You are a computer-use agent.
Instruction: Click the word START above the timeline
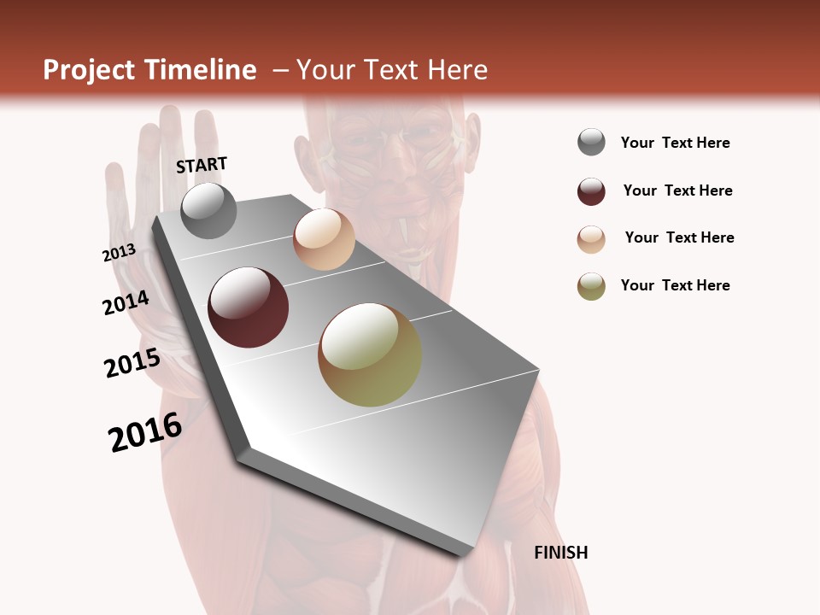click(x=202, y=165)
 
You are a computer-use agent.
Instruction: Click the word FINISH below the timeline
click(x=561, y=553)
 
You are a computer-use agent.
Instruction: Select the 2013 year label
click(x=119, y=253)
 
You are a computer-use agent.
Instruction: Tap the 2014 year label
click(x=126, y=302)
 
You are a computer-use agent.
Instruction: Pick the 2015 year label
click(x=132, y=363)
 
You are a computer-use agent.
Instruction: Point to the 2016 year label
click(x=145, y=432)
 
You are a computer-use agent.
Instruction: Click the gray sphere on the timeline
click(x=208, y=210)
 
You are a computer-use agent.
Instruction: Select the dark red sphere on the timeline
click(x=248, y=307)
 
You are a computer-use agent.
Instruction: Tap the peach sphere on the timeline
click(x=324, y=239)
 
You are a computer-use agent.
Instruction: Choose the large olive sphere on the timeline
click(x=370, y=354)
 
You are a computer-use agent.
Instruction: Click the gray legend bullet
click(x=591, y=143)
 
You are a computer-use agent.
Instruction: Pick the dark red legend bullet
click(x=591, y=191)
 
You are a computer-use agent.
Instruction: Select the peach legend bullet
click(x=591, y=239)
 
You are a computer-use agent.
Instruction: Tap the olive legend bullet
click(x=591, y=286)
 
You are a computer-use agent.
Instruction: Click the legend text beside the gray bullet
click(x=675, y=143)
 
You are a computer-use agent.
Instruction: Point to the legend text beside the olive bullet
click(x=675, y=285)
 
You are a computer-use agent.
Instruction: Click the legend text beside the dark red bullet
click(x=677, y=190)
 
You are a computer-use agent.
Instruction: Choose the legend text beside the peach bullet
click(x=679, y=237)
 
